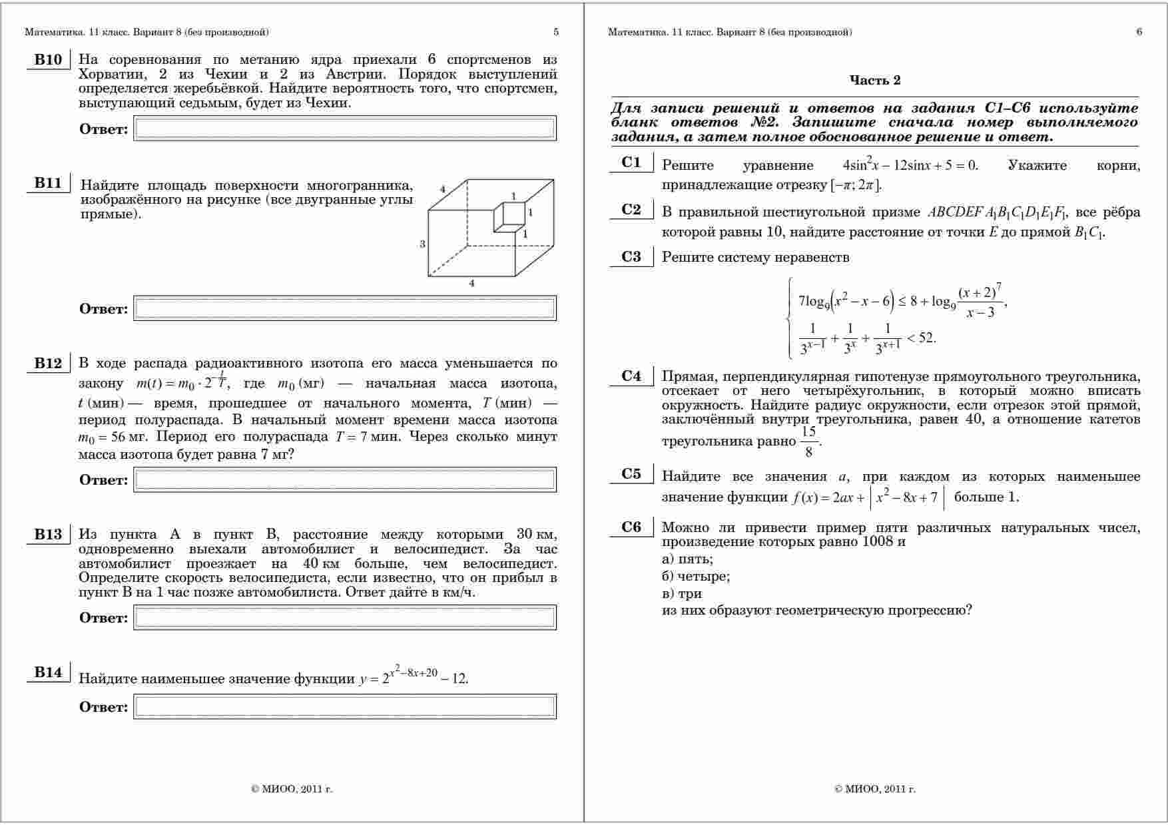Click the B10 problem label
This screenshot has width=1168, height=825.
48,60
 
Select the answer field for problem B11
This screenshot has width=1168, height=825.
345,308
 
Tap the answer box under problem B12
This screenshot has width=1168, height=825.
345,479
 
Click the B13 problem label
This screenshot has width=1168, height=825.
48,535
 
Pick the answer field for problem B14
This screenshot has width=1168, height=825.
345,706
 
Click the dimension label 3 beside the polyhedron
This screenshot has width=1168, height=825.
422,244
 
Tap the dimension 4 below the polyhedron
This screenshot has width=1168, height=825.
472,284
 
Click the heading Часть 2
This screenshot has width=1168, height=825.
874,81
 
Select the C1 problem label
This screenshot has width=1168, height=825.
631,162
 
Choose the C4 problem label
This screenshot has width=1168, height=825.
631,376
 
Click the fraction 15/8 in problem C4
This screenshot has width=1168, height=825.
808,441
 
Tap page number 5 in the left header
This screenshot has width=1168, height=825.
556,32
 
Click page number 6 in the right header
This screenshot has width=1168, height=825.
1139,32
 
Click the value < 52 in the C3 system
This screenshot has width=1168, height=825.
922,338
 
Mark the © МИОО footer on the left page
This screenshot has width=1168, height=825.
292,789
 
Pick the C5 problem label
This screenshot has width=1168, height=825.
631,474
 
